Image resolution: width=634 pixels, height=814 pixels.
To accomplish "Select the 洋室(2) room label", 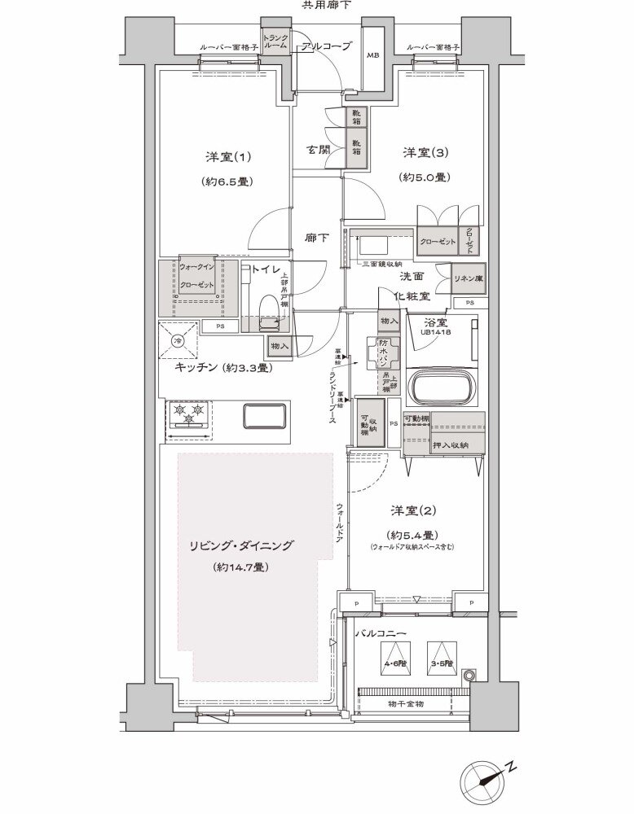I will coord(413,510).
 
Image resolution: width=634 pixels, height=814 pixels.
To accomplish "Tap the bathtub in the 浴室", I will coord(445,387).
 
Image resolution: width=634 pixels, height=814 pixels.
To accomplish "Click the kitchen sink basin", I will coord(264,414).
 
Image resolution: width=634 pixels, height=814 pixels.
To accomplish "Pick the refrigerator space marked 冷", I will coord(178,339).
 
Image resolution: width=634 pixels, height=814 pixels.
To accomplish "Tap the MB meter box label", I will coord(372,55).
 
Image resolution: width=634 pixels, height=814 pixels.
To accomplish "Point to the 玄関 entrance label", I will coord(319,151).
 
